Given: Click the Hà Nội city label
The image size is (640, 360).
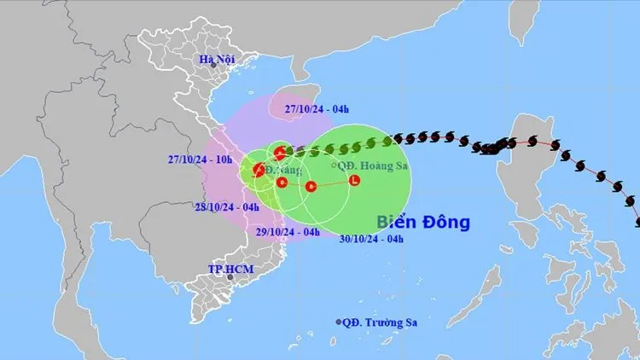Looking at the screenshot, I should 217,59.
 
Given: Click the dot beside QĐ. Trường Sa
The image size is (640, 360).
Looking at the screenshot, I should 338,322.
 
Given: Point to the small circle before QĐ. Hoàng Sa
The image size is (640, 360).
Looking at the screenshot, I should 333,166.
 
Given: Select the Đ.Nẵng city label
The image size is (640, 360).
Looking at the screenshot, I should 282,171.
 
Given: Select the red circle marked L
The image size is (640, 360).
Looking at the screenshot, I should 354,180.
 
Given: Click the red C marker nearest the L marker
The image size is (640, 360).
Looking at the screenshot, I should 311,186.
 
